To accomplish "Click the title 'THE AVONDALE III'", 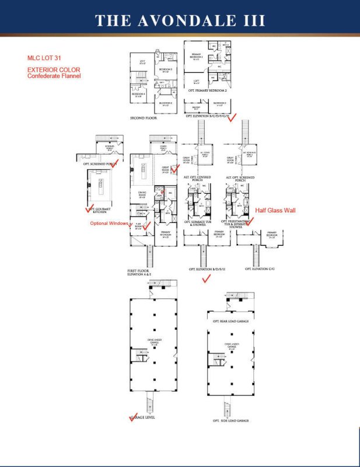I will pos(180,20).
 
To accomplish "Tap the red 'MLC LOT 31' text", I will pos(43,58).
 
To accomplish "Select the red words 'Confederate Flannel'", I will pos(54,76).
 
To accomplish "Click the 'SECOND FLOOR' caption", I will pos(144,118).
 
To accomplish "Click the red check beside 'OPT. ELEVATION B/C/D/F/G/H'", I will pos(231,117).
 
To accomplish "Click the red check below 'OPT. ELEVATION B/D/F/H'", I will pos(205,280).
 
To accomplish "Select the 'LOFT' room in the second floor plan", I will pos(141,61).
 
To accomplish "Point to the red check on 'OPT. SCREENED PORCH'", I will pos(116,162).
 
